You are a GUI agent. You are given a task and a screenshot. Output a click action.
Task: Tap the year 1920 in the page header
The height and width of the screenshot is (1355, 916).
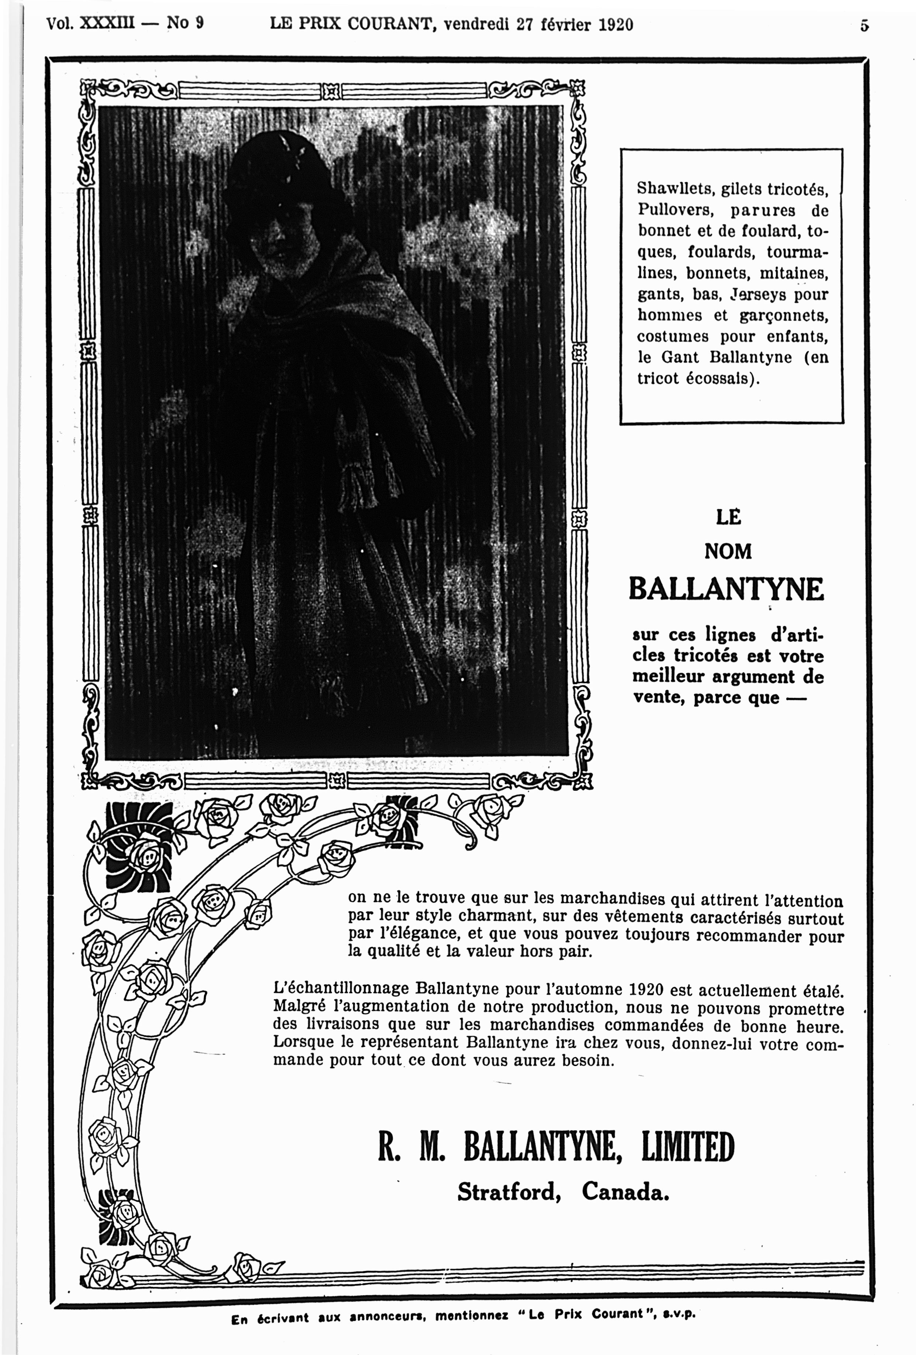pyautogui.click(x=615, y=24)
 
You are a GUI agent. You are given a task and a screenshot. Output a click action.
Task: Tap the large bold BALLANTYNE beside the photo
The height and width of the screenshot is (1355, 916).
pyautogui.click(x=726, y=590)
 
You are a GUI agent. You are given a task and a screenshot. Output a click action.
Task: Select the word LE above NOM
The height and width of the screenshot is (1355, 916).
pyautogui.click(x=728, y=517)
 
